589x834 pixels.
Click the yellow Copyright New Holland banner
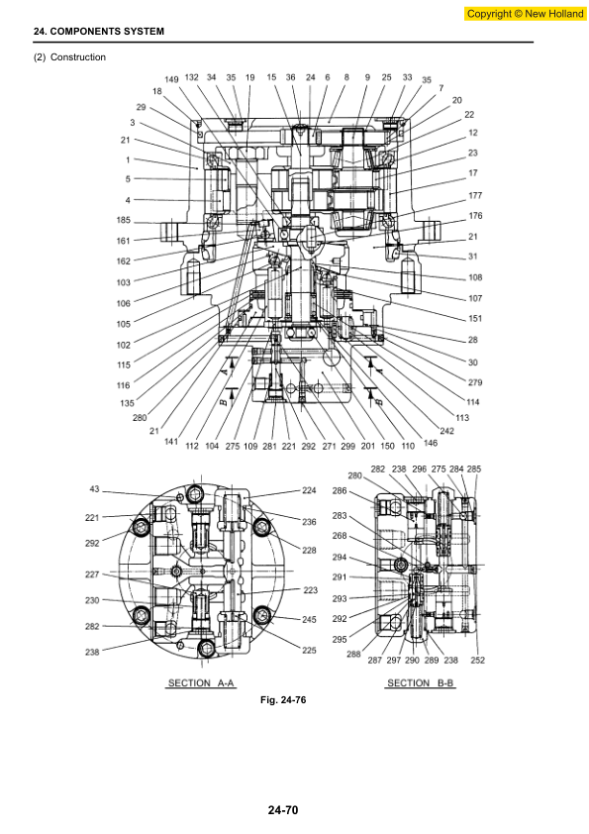click(526, 14)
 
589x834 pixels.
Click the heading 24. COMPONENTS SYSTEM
click(99, 32)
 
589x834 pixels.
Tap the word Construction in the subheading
click(78, 56)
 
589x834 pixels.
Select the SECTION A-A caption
click(201, 682)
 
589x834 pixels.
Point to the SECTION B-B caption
click(421, 682)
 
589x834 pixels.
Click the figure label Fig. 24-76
click(283, 700)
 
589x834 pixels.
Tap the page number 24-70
click(283, 810)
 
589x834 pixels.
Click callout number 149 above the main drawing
click(171, 80)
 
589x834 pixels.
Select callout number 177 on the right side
click(475, 195)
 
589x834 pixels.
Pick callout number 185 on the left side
click(124, 220)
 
